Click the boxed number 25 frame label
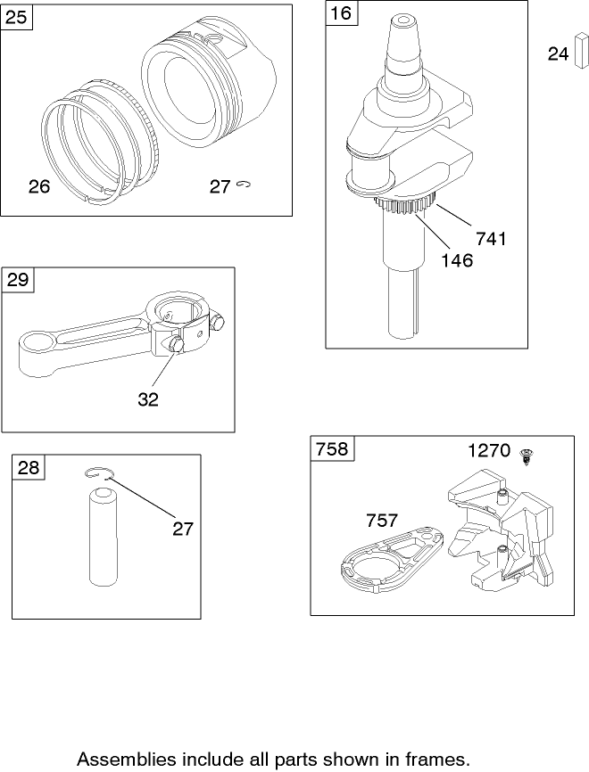16,17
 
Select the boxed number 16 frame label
342,12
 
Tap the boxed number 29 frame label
18,280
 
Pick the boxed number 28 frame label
28,467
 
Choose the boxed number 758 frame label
332,448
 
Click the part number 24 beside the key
558,53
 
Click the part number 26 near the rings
39,186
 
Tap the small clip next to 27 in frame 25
244,185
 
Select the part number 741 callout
491,239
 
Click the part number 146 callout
457,260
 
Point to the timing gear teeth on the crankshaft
404,203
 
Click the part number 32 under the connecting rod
148,399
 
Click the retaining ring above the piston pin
98,473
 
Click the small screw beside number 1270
527,456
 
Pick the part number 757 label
381,521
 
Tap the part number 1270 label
489,450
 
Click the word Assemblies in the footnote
128,759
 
